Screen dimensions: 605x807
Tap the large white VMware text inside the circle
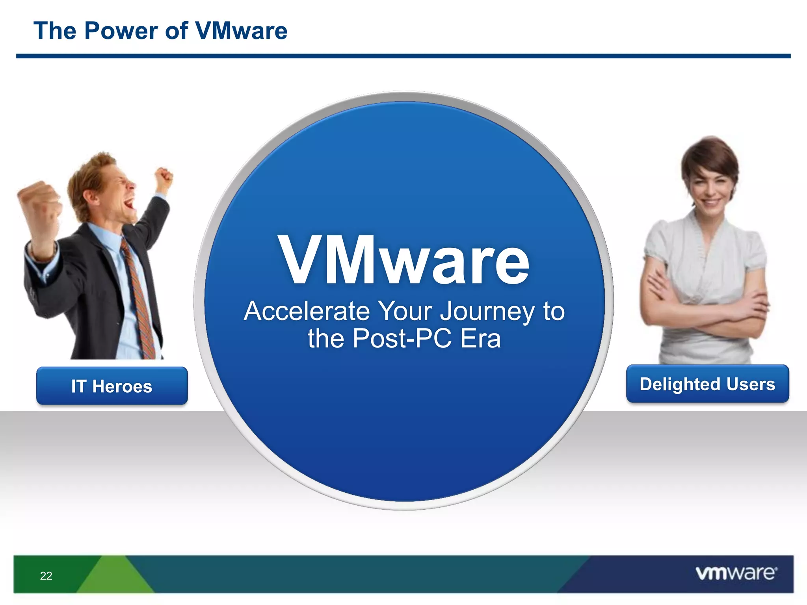[x=404, y=260]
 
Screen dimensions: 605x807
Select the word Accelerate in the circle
[x=307, y=311]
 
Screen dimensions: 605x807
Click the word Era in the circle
[x=480, y=339]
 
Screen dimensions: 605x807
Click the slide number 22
[x=46, y=576]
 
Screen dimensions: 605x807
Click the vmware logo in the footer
[x=736, y=573]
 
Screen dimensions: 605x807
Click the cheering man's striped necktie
[x=138, y=299]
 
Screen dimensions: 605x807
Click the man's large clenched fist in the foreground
[x=39, y=205]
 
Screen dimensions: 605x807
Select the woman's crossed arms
[x=705, y=311]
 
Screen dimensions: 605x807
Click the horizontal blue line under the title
[x=403, y=56]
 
